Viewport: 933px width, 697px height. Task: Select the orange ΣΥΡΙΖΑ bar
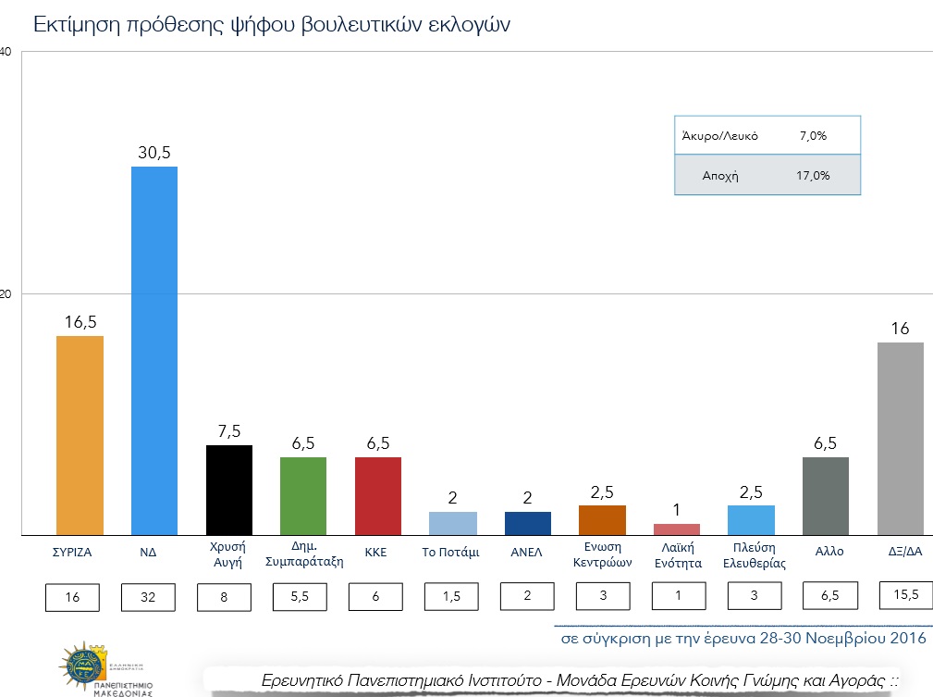[x=80, y=435]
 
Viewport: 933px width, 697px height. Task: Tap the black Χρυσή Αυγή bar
[x=229, y=490]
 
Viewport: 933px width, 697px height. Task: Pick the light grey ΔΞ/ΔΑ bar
[x=900, y=439]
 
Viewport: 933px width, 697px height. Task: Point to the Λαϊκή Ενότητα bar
[x=677, y=529]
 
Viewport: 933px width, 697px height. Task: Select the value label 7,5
[x=229, y=431]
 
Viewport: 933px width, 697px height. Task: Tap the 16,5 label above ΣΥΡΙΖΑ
[x=80, y=321]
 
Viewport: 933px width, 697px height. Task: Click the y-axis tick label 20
[x=6, y=294]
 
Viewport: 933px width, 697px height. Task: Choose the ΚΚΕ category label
[x=375, y=553]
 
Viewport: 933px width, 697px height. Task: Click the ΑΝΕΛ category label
[x=526, y=553]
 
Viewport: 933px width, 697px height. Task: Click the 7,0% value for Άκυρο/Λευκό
[x=812, y=136]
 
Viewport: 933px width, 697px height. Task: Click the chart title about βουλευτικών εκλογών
[x=272, y=24]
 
